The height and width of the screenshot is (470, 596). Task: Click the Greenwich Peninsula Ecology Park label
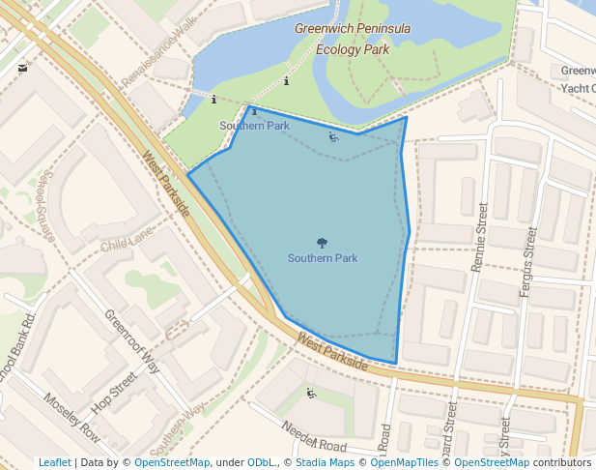point(352,38)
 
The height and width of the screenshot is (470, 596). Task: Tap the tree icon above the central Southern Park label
point(322,243)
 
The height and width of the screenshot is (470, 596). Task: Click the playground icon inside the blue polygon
point(333,136)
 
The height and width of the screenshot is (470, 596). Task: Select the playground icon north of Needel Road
point(311,393)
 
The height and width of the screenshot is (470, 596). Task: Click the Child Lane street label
point(127,242)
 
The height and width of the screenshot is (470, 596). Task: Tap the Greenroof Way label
point(132,341)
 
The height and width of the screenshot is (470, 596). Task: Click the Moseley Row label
point(71,417)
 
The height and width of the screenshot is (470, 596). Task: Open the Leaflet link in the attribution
point(55,462)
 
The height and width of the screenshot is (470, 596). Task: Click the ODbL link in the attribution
point(261,462)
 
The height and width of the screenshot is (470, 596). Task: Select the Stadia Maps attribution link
point(325,462)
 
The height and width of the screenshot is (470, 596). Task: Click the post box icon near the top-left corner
point(22,68)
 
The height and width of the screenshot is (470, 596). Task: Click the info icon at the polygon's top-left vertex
point(254,112)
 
